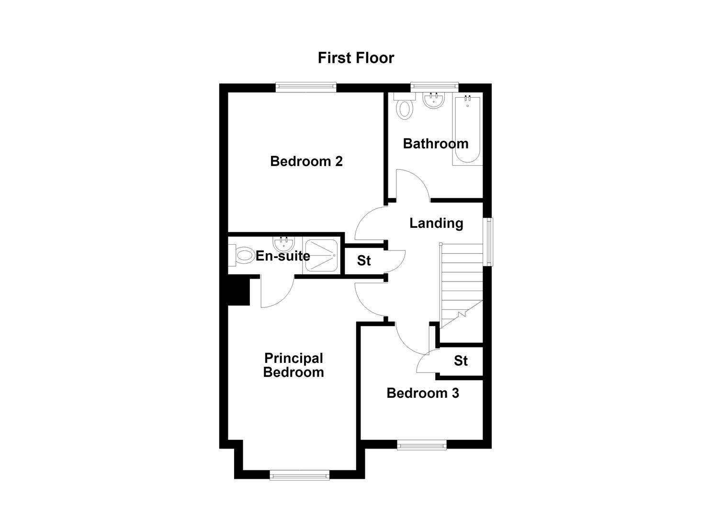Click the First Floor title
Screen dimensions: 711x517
pyautogui.click(x=356, y=58)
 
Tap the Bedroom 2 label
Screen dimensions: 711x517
pyautogui.click(x=306, y=161)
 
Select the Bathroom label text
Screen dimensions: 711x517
pyautogui.click(x=436, y=144)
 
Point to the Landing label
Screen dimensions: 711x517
pyautogui.click(x=436, y=223)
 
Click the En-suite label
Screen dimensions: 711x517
pyautogui.click(x=283, y=256)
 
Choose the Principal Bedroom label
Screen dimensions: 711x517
pyautogui.click(x=293, y=365)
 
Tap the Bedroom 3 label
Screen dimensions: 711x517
pyautogui.click(x=423, y=393)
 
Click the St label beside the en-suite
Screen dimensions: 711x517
pyautogui.click(x=364, y=260)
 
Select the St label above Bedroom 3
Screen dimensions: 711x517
pyautogui.click(x=461, y=361)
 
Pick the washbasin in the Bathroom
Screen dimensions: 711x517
pyautogui.click(x=433, y=101)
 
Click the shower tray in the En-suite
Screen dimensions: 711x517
pyautogui.click(x=321, y=256)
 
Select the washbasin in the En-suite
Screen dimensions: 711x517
pyautogui.click(x=283, y=244)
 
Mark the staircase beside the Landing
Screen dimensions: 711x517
pyautogui.click(x=461, y=286)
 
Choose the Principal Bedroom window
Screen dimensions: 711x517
pyautogui.click(x=300, y=475)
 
